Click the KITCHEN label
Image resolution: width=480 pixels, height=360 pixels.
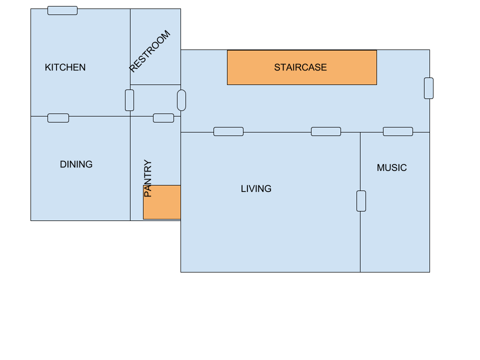65,67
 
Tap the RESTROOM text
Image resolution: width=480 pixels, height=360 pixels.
149,51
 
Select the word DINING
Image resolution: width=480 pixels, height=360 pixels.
76,164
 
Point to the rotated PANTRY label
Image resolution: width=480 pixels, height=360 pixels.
147,178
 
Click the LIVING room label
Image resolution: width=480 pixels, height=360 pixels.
256,189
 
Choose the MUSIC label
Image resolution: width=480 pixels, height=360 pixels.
391,168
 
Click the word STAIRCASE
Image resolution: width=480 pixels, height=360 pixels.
300,67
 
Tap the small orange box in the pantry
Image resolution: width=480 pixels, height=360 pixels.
162,202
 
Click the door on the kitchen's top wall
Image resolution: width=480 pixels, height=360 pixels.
62,10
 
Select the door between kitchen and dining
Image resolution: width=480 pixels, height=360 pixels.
58,118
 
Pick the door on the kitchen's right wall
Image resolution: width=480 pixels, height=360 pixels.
129,100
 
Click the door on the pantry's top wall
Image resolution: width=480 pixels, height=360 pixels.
163,118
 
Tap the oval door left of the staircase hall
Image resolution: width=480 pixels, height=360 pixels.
181,100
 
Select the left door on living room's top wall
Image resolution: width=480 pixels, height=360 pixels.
228,131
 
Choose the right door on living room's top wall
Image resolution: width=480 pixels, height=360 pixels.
326,131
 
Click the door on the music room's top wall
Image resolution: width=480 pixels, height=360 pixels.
398,131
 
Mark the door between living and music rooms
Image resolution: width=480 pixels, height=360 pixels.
361,201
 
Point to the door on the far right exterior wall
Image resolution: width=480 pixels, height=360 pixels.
428,88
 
